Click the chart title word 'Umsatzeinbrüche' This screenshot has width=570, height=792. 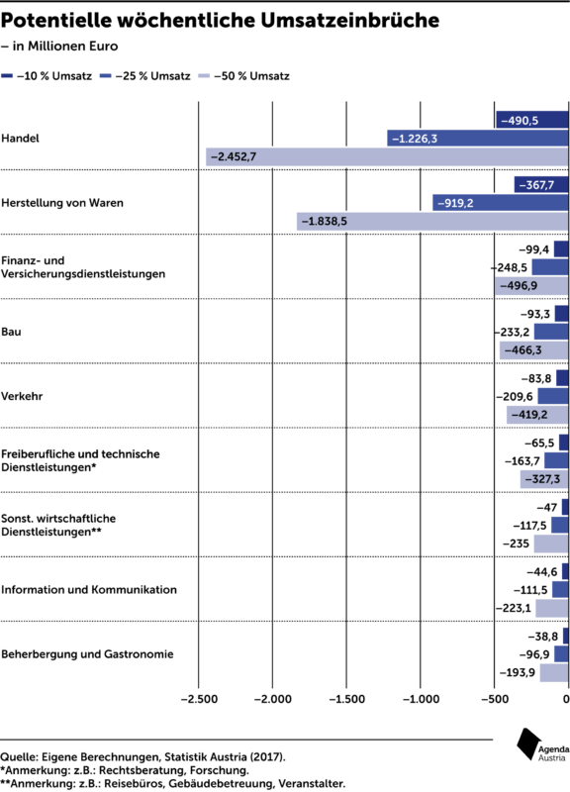[350, 20]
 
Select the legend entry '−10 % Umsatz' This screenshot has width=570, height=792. [47, 76]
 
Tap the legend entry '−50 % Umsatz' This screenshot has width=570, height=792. [244, 76]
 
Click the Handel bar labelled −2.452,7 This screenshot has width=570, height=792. [387, 156]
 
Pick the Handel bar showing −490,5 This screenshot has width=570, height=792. [532, 120]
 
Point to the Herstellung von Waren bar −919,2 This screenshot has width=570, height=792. [501, 203]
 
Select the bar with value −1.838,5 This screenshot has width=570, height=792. [432, 221]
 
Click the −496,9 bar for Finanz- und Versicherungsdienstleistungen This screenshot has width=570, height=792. [531, 286]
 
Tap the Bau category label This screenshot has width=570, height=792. [11, 332]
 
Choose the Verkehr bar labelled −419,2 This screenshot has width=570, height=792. [537, 415]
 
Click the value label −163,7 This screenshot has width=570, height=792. [522, 461]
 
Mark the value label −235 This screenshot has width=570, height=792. [516, 544]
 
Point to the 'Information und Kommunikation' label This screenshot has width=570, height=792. [89, 589]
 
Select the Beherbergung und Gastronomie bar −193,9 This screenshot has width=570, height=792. [554, 673]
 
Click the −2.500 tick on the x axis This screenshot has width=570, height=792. [199, 699]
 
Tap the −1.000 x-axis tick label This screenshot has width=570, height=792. [421, 699]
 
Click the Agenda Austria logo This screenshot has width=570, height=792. [542, 745]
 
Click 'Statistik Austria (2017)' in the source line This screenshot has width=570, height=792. [225, 757]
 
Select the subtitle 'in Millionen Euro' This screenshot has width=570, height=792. [65, 46]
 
